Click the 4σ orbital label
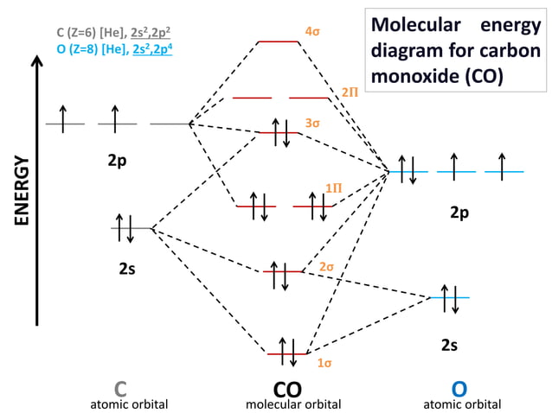pyautogui.click(x=313, y=31)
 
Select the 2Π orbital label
pyautogui.click(x=350, y=91)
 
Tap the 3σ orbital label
pyautogui.click(x=312, y=124)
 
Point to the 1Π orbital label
pyautogui.click(x=333, y=187)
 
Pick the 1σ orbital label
pyautogui.click(x=323, y=364)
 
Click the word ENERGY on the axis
pyautogui.click(x=22, y=191)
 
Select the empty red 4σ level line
pyautogui.click(x=279, y=41)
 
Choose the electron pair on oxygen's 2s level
pyautogui.click(x=449, y=296)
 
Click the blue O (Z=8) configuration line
pyautogui.click(x=113, y=49)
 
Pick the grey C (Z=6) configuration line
pyautogui.click(x=113, y=35)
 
